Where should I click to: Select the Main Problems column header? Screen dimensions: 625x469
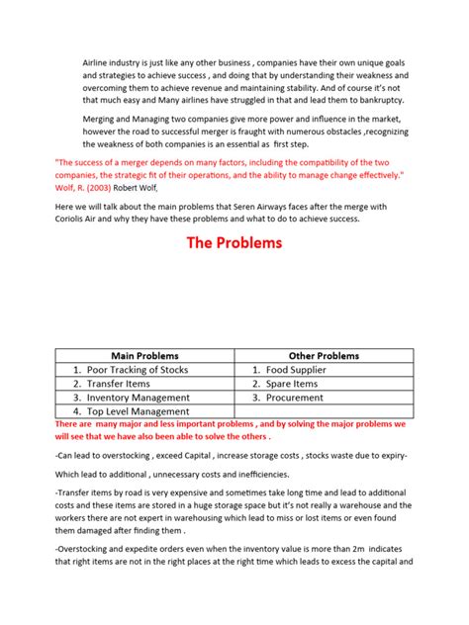144,355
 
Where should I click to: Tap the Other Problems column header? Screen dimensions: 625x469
324,355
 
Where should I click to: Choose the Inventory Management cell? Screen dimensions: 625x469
138,398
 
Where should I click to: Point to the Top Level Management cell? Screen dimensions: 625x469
137,411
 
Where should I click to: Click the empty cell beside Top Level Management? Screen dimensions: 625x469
323,411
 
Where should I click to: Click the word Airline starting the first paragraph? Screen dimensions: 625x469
100,62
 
